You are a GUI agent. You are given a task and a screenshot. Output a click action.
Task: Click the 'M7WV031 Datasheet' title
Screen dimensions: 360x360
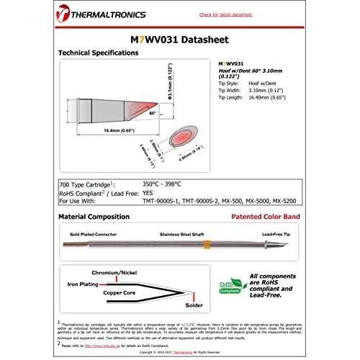coord(179,39)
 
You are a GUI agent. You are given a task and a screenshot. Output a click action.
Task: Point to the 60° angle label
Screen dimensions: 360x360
coord(151,114)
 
